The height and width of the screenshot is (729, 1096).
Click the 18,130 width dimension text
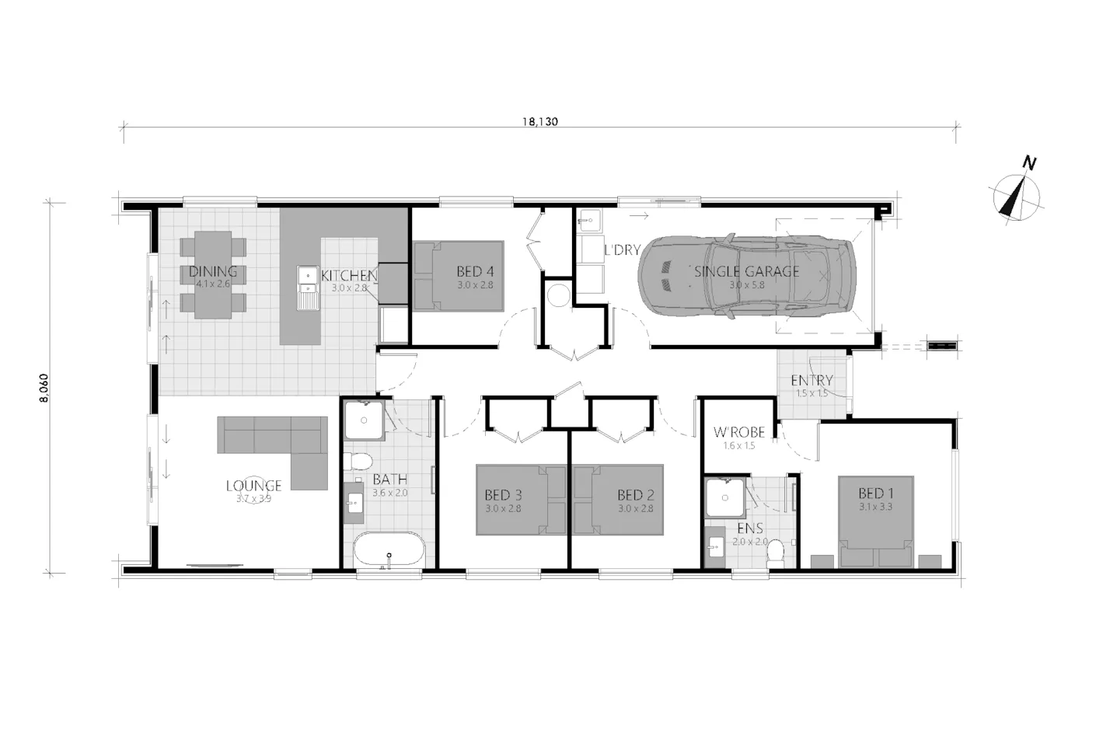[x=539, y=122]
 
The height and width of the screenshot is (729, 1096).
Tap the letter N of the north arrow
[x=1028, y=164]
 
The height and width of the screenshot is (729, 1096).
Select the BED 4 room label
[x=475, y=271]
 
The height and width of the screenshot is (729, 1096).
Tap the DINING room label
[x=213, y=271]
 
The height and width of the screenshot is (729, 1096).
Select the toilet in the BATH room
[x=359, y=460]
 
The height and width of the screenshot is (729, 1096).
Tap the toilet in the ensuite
[x=773, y=552]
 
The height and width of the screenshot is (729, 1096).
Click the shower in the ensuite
[x=725, y=498]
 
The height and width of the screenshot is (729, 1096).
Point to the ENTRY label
[x=812, y=380]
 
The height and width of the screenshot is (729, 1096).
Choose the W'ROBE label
[x=738, y=432]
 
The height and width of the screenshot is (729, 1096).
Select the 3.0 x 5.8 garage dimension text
[x=746, y=285]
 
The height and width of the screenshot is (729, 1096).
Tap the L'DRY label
[x=622, y=250]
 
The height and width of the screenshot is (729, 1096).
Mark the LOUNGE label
[x=253, y=486]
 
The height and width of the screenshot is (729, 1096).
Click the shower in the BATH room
[x=364, y=421]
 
